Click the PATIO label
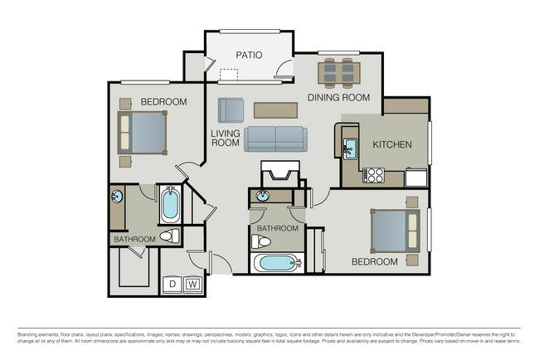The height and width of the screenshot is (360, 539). (249, 56)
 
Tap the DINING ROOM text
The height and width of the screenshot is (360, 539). (337, 98)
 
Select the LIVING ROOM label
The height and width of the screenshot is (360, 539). (225, 137)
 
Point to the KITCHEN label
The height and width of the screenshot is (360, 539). (391, 144)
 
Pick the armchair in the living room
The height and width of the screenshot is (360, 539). (231, 109)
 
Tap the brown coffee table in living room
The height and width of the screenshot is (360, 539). (275, 109)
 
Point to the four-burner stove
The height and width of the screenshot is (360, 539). (373, 175)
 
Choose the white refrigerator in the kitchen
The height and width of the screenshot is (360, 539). (415, 177)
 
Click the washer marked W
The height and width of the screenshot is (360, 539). (192, 284)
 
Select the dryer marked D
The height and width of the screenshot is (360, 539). (172, 284)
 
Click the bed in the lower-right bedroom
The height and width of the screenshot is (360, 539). (396, 231)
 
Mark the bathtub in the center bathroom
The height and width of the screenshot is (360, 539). (275, 265)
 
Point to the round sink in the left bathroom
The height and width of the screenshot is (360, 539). (117, 197)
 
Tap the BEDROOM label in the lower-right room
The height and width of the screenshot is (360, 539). (374, 261)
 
